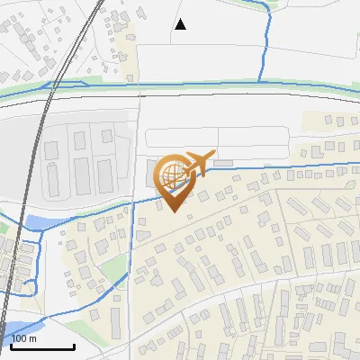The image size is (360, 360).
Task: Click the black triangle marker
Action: pos(181,24)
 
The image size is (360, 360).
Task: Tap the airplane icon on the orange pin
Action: pos(197,162)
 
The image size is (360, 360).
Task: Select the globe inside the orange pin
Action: pos(173,176)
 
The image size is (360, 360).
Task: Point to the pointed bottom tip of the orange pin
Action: pos(173,211)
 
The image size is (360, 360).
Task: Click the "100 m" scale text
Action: pos(24,338)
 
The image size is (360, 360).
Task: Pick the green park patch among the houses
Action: pos(113,266)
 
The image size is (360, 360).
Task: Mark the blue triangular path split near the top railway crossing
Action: pos(58,85)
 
